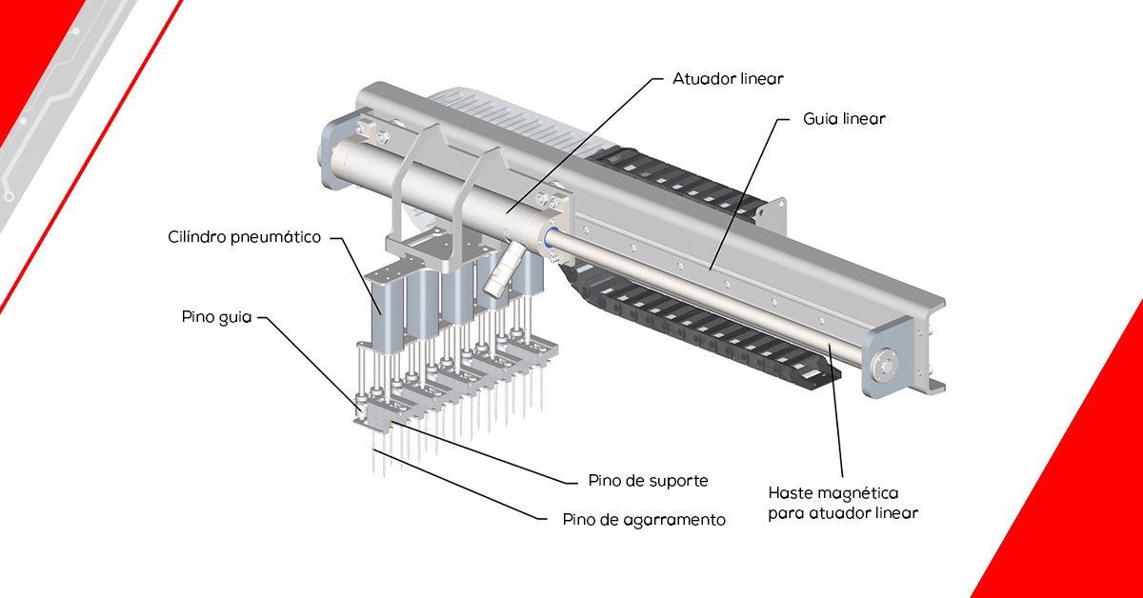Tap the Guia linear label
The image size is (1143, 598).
[844, 120]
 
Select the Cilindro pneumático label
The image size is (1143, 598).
[245, 237]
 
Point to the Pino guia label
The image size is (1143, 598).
[217, 316]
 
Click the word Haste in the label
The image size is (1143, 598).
[791, 493]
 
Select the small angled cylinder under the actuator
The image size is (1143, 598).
[503, 269]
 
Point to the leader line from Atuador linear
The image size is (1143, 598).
[581, 143]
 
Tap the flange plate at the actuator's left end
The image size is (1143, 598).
[333, 157]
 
